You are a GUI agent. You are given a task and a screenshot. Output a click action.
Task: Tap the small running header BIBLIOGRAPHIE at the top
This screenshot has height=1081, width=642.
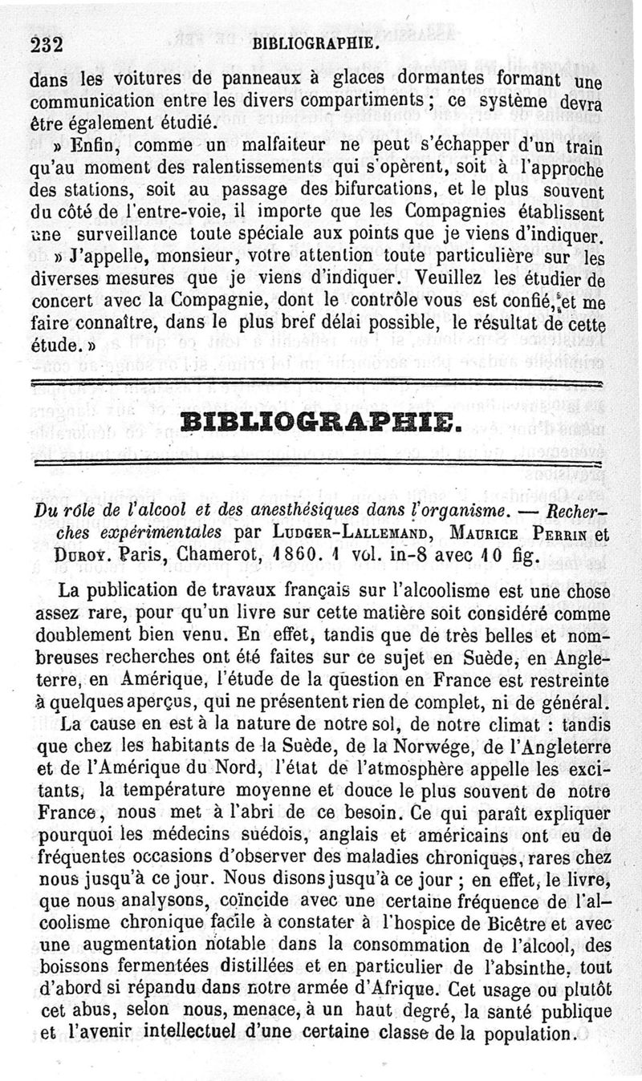point(314,45)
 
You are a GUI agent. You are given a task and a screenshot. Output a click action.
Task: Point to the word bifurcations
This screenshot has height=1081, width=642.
point(361,193)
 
